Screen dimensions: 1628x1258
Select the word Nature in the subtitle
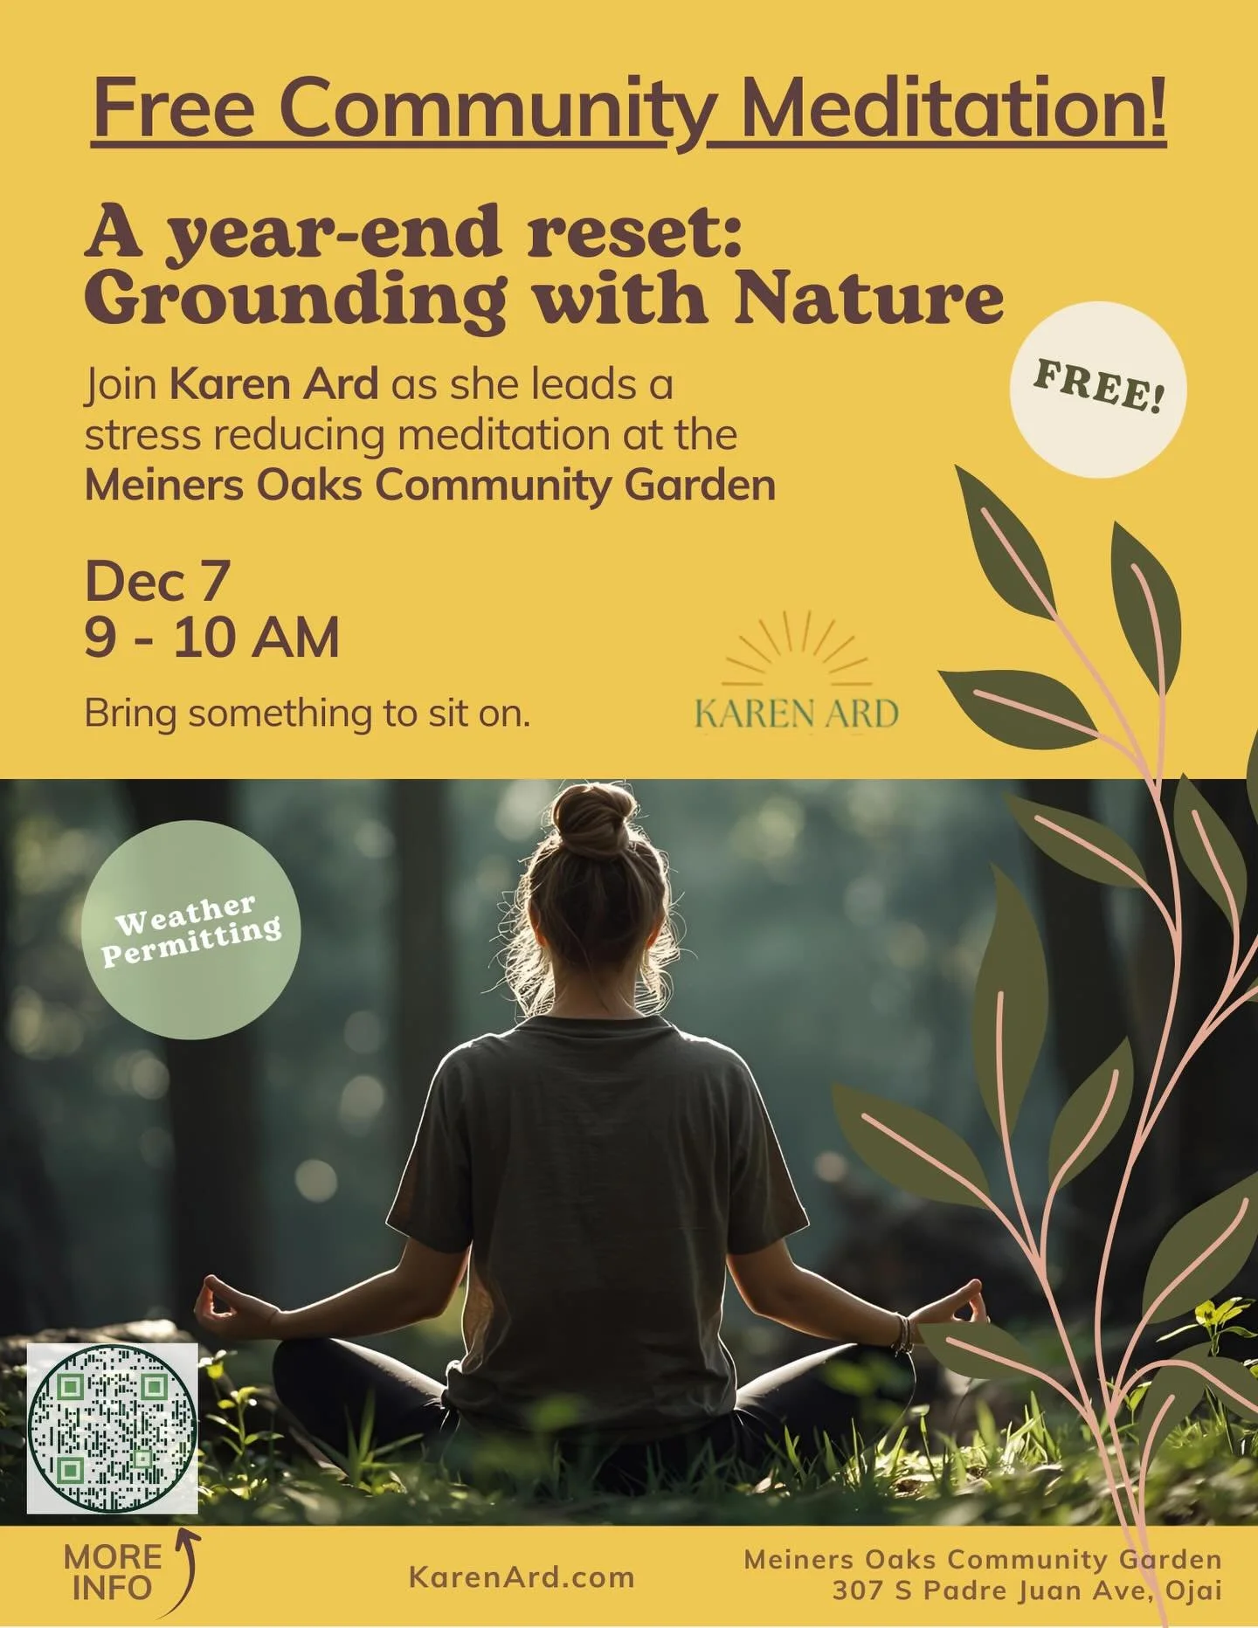coord(868,299)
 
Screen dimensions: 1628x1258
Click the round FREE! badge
coord(1097,390)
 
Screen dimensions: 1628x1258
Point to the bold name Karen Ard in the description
coord(273,384)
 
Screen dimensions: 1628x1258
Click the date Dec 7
coord(157,581)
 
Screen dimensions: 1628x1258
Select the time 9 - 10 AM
coord(211,638)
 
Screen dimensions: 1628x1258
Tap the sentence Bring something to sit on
coord(307,714)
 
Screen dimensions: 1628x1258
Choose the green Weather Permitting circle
coord(190,929)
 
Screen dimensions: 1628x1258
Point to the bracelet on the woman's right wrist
coord(902,1333)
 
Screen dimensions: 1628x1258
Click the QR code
coord(112,1429)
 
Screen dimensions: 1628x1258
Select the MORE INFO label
coord(112,1572)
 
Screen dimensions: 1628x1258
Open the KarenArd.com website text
coord(522,1577)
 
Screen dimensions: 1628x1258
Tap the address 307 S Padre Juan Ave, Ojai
coord(1026,1590)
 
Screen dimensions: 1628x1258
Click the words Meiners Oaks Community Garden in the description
coord(430,486)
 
